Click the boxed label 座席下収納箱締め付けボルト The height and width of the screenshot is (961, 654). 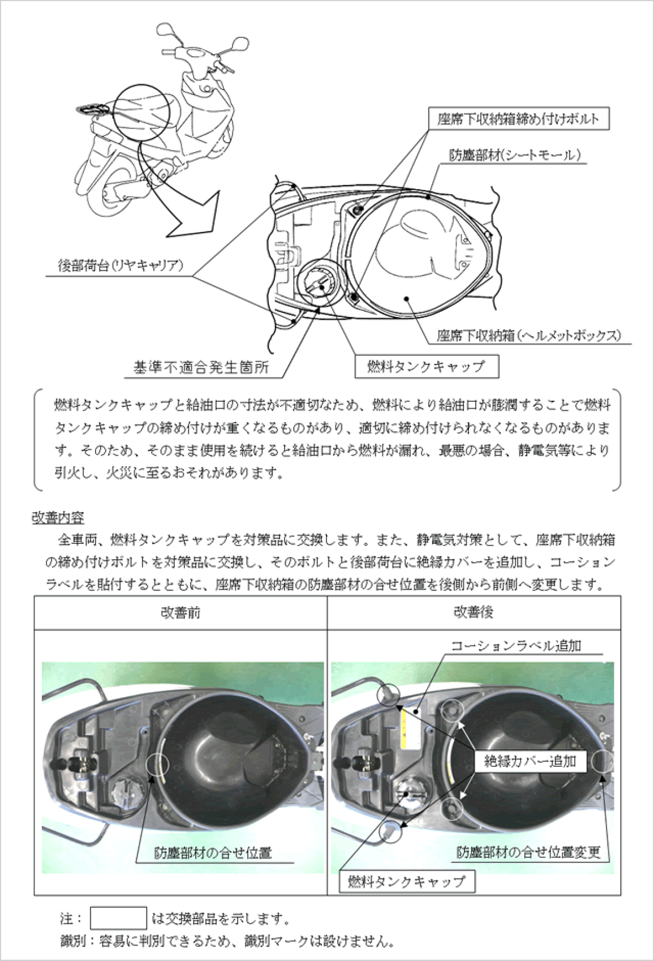[x=518, y=119]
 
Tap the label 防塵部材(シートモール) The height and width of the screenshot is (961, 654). [x=515, y=155]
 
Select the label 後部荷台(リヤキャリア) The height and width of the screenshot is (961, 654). [x=121, y=265]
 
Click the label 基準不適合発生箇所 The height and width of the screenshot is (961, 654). [x=201, y=368]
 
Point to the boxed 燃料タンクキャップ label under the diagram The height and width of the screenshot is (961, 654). [x=427, y=367]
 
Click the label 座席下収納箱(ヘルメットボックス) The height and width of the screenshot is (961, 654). [x=528, y=335]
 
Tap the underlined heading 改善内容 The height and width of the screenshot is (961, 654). [x=58, y=517]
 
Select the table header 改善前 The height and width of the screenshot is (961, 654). [x=180, y=612]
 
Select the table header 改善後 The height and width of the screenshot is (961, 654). [x=474, y=612]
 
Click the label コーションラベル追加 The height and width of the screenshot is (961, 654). [x=515, y=646]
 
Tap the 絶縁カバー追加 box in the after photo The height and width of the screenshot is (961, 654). [x=530, y=761]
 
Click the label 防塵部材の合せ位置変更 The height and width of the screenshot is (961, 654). [x=528, y=852]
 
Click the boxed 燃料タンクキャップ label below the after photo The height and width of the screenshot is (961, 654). [x=406, y=881]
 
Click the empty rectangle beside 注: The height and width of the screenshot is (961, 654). [x=118, y=918]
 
